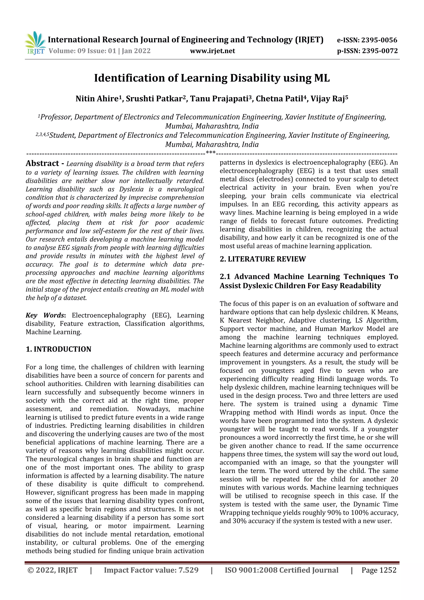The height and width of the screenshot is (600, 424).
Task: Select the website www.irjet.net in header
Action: (212, 51)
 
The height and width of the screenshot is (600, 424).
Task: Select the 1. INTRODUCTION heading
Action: (59, 349)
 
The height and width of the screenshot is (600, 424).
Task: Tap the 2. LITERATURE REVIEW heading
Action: (263, 259)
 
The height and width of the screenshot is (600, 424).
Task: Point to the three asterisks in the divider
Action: (211, 152)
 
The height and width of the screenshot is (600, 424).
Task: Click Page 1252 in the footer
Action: (379, 570)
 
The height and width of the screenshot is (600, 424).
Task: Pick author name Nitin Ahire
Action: (97, 99)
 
